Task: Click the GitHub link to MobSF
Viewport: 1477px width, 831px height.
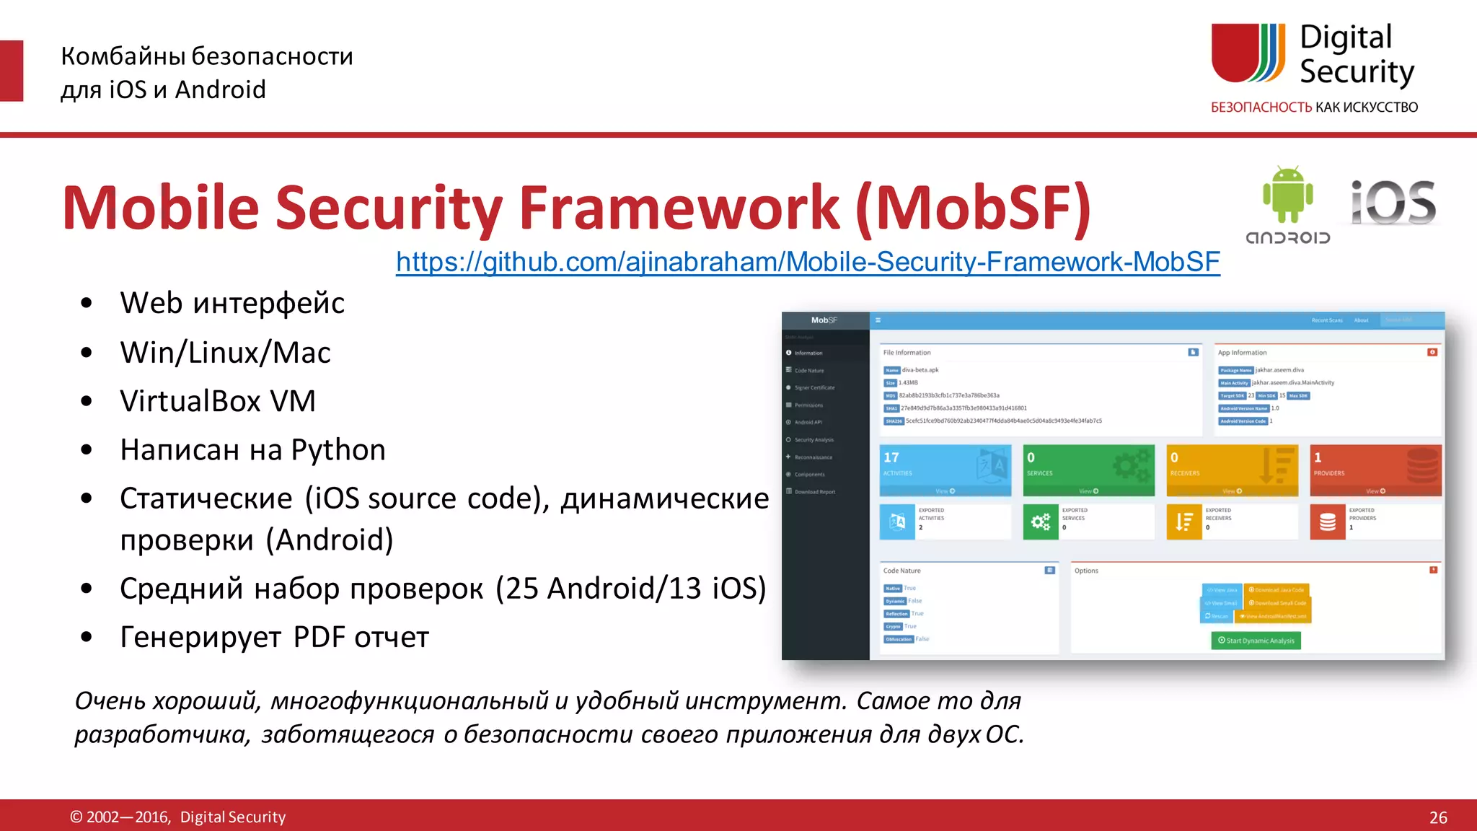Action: pos(808,262)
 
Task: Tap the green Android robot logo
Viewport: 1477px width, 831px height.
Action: pos(1288,195)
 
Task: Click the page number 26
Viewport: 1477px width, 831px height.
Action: pos(1437,817)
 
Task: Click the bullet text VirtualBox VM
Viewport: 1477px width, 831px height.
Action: pos(218,401)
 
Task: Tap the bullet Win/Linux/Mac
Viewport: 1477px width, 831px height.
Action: pos(225,353)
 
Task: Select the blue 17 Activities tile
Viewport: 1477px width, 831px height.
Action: pos(945,470)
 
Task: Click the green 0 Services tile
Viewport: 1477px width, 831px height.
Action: pos(1088,470)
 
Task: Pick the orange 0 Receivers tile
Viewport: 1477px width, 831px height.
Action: pos(1232,470)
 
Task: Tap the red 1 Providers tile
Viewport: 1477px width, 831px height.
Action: pos(1375,470)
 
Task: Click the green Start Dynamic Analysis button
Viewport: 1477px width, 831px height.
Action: pos(1256,641)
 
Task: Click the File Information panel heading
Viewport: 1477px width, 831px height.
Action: pos(907,353)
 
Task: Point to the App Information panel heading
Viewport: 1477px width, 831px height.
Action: pos(1242,353)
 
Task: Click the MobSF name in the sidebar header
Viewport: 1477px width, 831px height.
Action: pos(824,320)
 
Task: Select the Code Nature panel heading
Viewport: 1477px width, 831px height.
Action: pos(901,571)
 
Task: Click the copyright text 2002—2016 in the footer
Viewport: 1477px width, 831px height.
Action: pos(128,817)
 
